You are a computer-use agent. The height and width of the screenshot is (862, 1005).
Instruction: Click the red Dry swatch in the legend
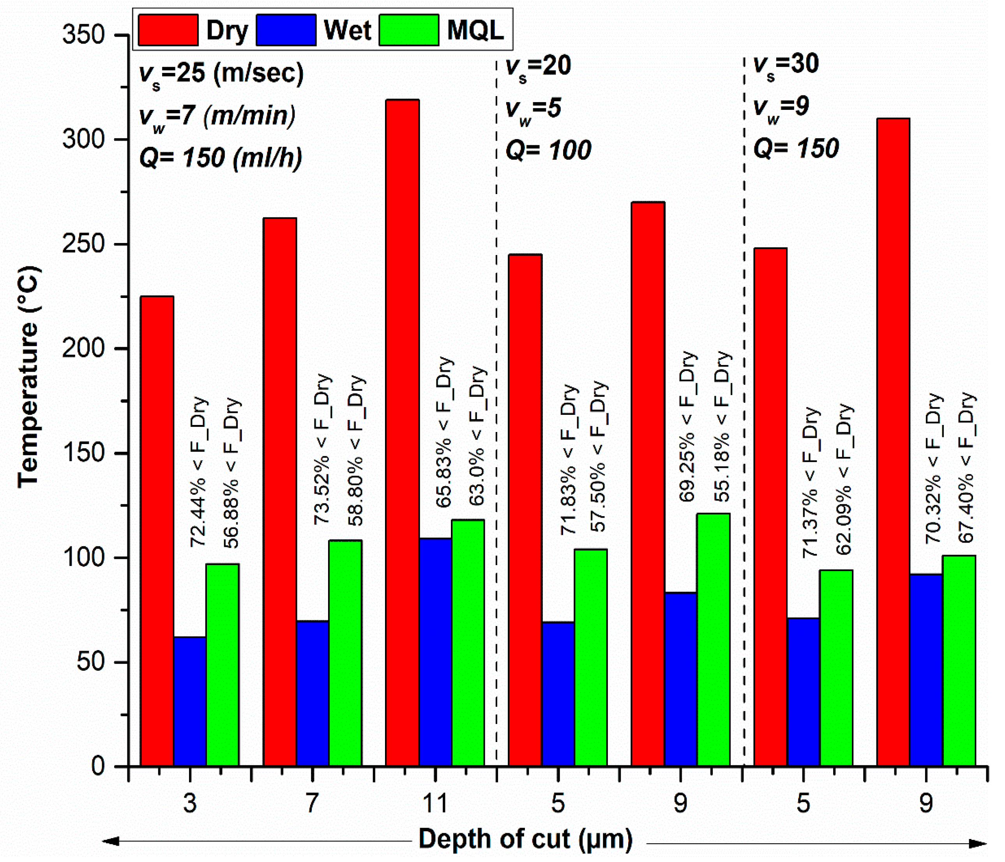click(168, 30)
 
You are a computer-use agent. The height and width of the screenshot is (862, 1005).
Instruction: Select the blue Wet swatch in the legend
click(286, 30)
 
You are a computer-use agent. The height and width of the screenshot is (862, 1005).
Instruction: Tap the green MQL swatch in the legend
click(409, 30)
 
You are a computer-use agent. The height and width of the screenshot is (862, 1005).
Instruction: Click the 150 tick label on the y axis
click(84, 453)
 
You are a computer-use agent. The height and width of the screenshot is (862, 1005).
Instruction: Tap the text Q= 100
click(548, 150)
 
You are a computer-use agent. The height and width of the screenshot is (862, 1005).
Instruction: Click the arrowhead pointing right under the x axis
click(977, 844)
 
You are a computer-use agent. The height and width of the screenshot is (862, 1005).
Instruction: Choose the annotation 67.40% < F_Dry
click(967, 467)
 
